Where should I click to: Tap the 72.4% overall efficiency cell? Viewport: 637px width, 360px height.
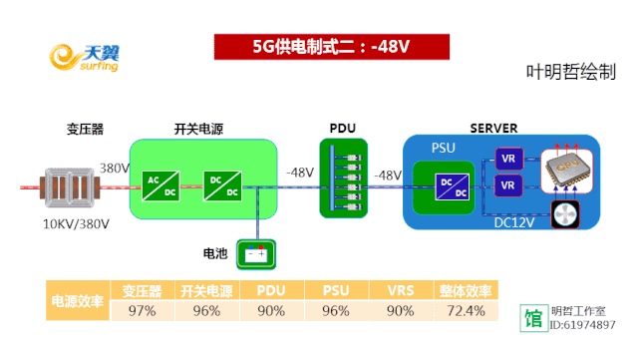[x=466, y=311]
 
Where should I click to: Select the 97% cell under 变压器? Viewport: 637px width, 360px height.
[x=142, y=311]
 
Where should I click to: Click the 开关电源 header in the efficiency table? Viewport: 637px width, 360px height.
[x=206, y=291]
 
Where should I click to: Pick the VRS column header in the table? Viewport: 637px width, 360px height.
[x=400, y=291]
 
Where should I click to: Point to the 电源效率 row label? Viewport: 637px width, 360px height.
[x=78, y=301]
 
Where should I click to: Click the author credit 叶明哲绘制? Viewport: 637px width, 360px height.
[x=571, y=73]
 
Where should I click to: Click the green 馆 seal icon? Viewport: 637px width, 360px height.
[x=534, y=318]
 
